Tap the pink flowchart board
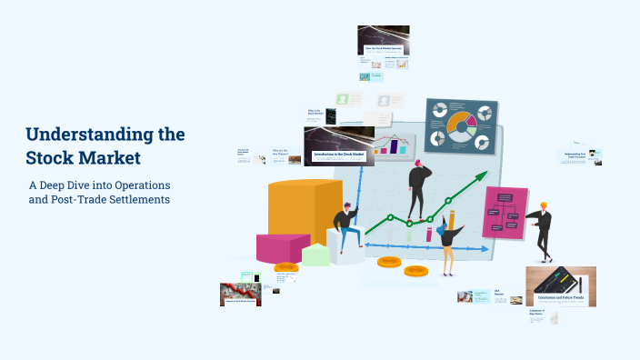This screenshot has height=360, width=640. [505, 212]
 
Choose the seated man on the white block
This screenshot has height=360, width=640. [345, 228]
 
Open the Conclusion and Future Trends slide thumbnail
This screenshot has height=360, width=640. [560, 285]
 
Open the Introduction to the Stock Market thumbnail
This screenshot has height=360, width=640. [338, 146]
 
